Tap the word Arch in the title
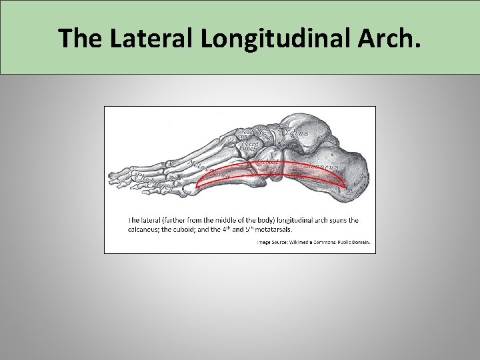(387, 39)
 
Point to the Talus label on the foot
(297, 133)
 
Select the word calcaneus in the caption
(145, 229)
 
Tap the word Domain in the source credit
(360, 243)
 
